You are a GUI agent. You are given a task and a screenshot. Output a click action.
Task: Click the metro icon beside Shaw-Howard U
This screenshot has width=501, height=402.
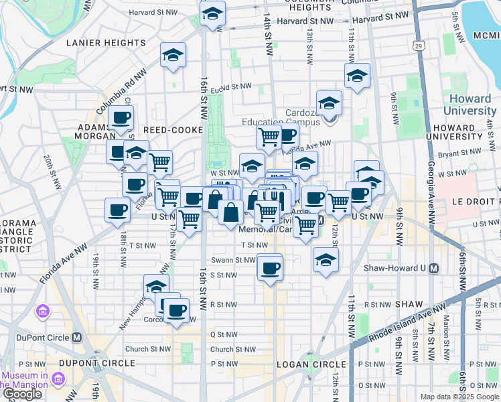click(433, 268)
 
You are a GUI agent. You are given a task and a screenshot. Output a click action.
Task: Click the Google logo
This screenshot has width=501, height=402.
click(22, 394)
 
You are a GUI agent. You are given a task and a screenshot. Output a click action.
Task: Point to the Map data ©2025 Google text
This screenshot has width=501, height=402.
click(459, 397)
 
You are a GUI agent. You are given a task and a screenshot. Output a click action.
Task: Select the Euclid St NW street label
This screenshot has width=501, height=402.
click(229, 87)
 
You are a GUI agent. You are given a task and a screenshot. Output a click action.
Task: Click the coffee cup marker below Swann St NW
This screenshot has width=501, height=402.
click(270, 269)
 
